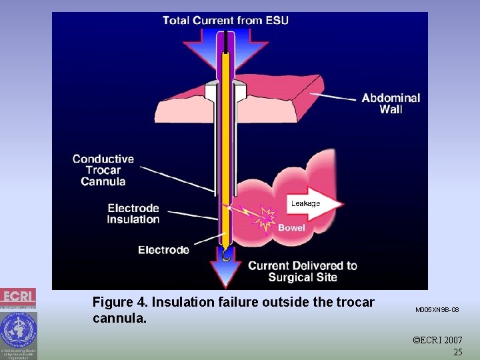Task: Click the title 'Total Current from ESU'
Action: pos(225,20)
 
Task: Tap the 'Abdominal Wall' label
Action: pos(391,103)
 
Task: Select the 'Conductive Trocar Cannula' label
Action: pos(103,170)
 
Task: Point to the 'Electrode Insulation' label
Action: pos(133,213)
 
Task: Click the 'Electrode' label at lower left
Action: pos(163,250)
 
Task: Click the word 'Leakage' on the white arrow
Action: pos(305,203)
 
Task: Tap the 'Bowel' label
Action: pos(291,228)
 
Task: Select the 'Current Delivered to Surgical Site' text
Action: pos(303,271)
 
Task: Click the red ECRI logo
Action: pos(18,297)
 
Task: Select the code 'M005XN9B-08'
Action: pos(437,310)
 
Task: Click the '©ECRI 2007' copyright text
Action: pos(437,341)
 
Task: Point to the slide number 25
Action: pos(457,352)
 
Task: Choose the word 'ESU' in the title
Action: pos(275,20)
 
